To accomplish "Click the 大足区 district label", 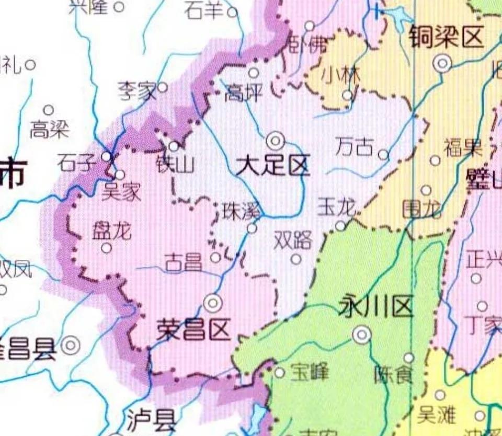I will (272, 166).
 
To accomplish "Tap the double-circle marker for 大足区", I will (275, 141).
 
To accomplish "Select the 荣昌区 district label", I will (193, 330).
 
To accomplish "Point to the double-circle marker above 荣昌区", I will (212, 303).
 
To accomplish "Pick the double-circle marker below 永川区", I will (362, 334).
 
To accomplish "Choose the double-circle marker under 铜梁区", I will (443, 64).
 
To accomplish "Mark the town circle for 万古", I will (383, 155).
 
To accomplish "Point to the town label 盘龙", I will (111, 231).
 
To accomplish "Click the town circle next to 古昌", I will (215, 257).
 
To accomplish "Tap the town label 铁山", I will (175, 164).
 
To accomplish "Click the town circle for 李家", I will (163, 87).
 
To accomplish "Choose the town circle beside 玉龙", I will (340, 225).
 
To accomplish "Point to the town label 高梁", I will (49, 129).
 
